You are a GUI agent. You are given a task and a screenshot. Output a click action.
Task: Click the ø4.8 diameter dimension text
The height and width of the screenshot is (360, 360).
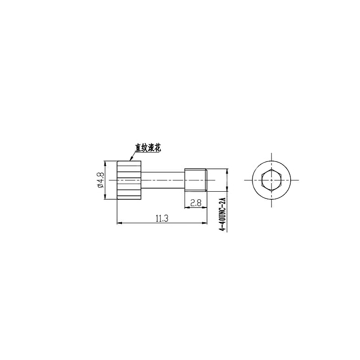[x=101, y=180]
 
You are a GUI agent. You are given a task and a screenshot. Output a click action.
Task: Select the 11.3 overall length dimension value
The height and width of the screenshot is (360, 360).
[x=162, y=219]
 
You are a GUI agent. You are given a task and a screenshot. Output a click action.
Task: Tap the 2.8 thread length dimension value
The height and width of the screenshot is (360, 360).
[x=196, y=203]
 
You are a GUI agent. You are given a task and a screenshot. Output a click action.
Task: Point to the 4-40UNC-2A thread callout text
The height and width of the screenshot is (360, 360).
[x=223, y=214]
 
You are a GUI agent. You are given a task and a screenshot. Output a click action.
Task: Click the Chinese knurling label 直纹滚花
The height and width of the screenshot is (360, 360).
[x=148, y=148]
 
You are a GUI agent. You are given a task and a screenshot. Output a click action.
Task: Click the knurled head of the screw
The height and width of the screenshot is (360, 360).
[x=129, y=180]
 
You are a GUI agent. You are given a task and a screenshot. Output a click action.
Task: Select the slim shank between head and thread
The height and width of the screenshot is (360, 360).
[x=163, y=180]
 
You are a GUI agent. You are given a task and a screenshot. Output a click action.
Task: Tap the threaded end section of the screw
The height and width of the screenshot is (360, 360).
[x=196, y=180]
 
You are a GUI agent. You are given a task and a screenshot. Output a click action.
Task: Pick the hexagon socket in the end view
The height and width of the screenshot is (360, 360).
[x=271, y=180]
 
